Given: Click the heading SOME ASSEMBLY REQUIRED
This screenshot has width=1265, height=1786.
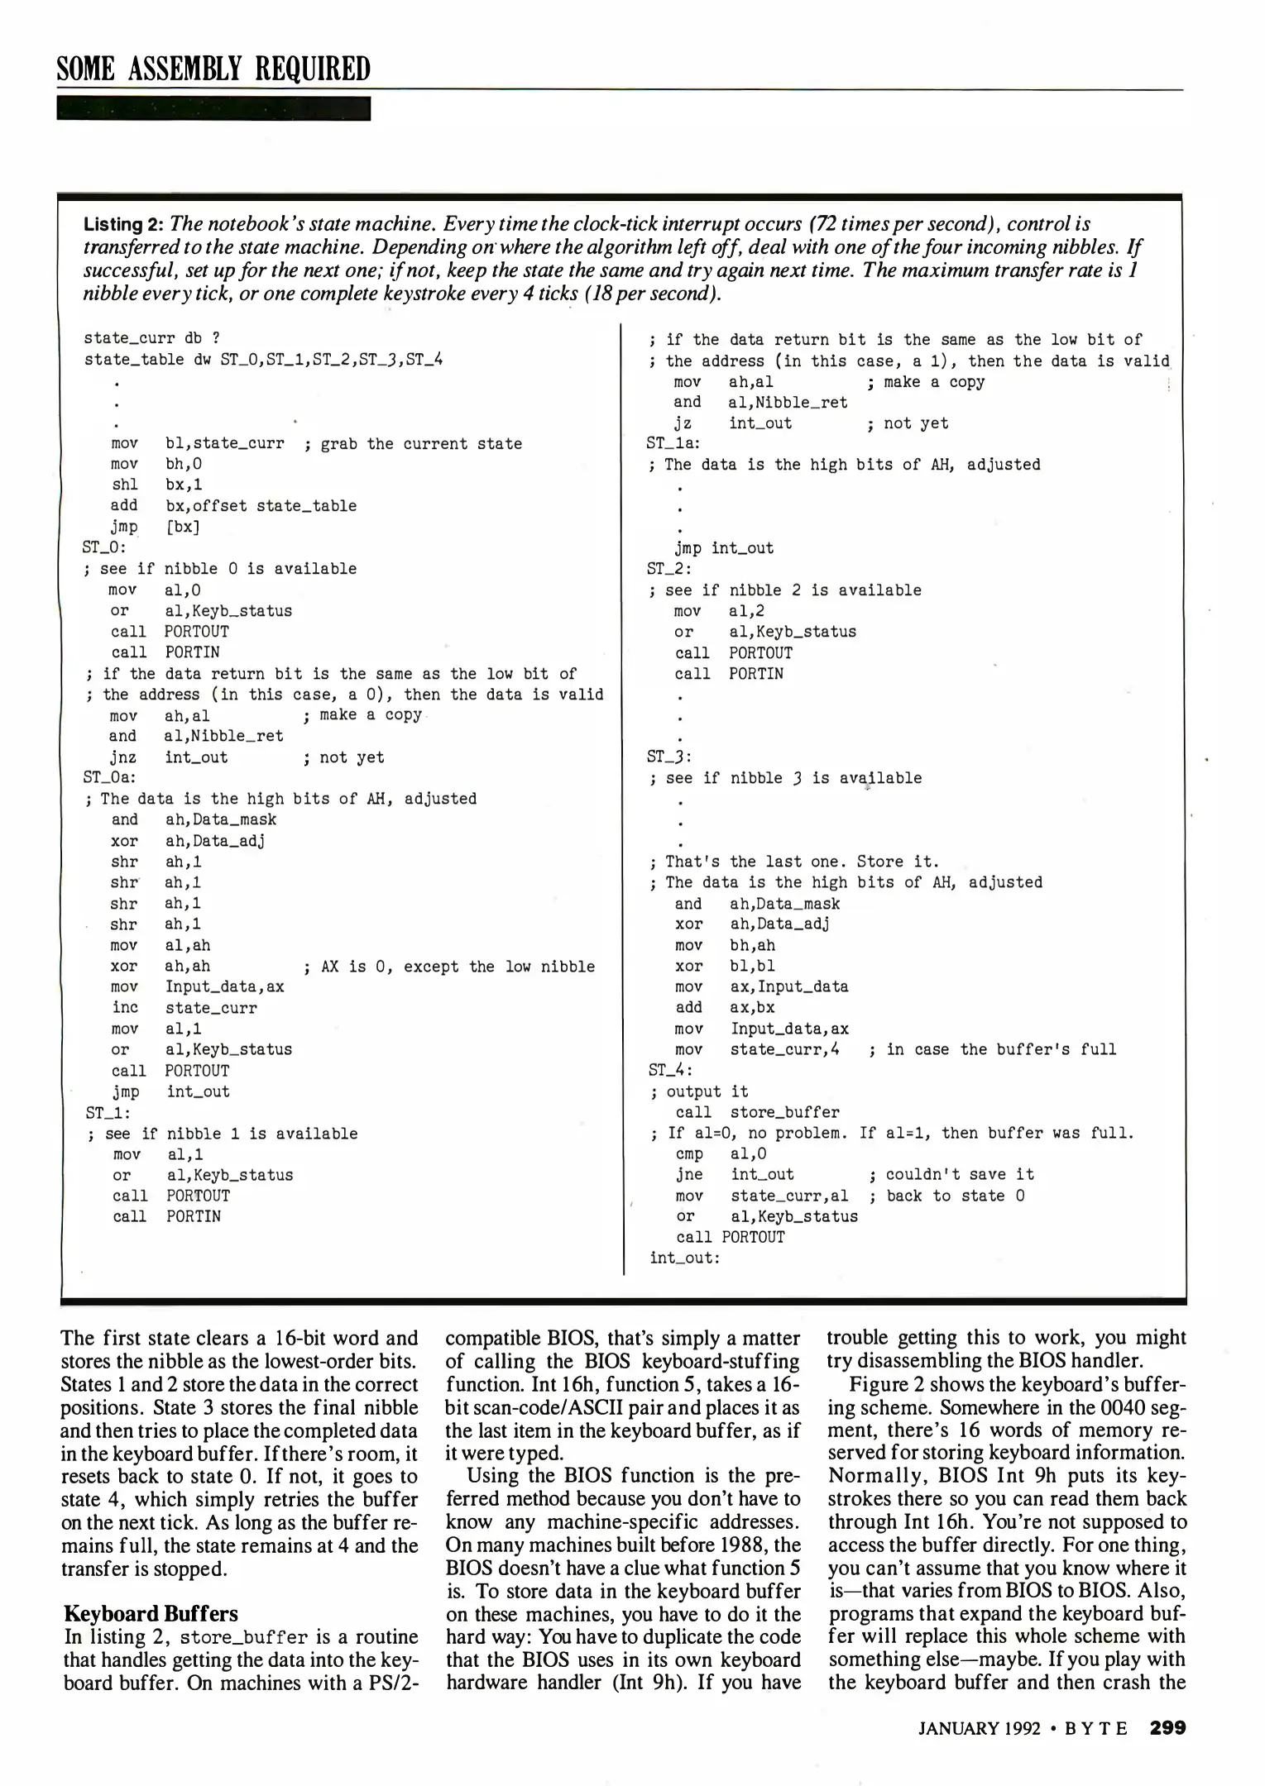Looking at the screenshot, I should [x=213, y=68].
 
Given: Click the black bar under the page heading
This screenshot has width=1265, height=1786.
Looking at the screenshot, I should [x=213, y=108].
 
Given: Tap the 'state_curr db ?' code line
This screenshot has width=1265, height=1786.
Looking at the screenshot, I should [x=151, y=337].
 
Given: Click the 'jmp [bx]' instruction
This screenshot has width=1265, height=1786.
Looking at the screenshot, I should [x=155, y=527].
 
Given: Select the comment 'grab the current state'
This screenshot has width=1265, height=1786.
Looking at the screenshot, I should [x=421, y=444].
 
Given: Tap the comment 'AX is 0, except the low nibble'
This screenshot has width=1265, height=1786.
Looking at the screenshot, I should [x=458, y=967].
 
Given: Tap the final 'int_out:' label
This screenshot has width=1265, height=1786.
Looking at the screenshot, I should [x=684, y=1258].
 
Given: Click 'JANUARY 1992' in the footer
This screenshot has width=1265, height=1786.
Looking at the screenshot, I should [x=979, y=1728].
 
